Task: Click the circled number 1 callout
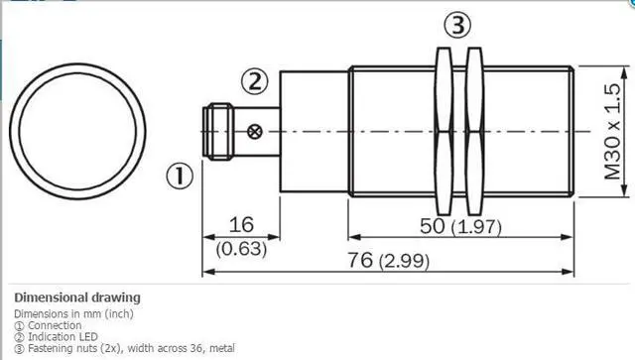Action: (x=180, y=176)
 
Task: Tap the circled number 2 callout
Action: (x=255, y=81)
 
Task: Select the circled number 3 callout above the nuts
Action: (x=458, y=25)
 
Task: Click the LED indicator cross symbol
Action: (x=255, y=132)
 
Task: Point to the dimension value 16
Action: (x=241, y=224)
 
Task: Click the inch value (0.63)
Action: (x=241, y=248)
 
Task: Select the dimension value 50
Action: (x=433, y=226)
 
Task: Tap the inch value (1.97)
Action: (x=476, y=227)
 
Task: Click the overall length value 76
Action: (x=360, y=260)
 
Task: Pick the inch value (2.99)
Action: (x=404, y=261)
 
